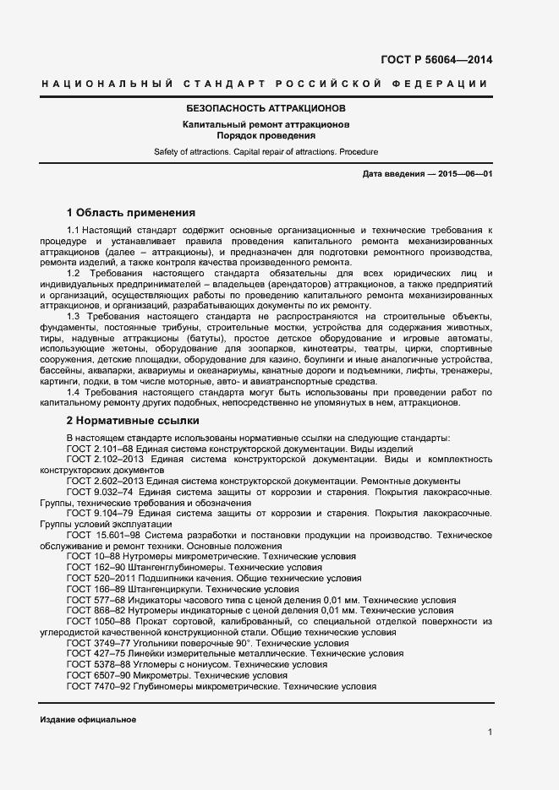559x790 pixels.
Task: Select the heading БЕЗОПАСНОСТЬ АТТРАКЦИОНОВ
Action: tap(266, 110)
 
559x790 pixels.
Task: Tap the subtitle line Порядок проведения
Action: tap(266, 135)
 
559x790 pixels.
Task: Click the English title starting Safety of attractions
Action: tap(266, 151)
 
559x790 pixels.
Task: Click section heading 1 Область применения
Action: tap(131, 212)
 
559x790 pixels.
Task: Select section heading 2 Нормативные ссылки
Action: tap(133, 419)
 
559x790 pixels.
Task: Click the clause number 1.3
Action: tap(74, 315)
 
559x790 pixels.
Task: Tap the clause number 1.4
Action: tap(74, 393)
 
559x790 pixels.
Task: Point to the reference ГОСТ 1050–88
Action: tap(96, 622)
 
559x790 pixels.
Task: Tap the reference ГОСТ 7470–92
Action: tap(96, 687)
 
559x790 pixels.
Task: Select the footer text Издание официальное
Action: tap(88, 719)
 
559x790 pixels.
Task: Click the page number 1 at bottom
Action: tap(490, 732)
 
